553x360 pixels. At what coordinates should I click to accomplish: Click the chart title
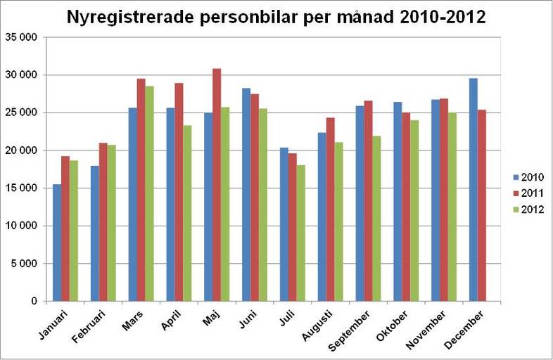coord(276,17)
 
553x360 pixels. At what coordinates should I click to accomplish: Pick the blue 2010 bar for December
coord(473,190)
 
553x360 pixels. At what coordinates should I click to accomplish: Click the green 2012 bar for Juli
coord(301,233)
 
